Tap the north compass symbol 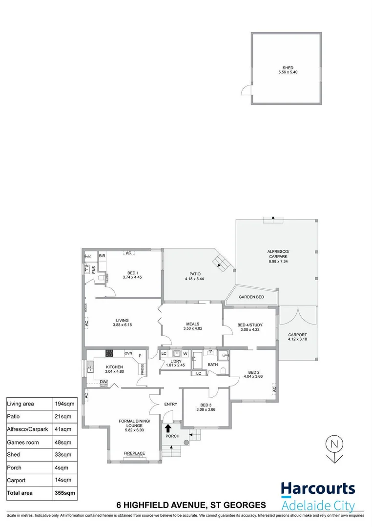pyautogui.click(x=334, y=448)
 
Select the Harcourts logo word pyautogui.click(x=318, y=489)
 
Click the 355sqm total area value pyautogui.click(x=65, y=493)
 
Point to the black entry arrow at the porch pyautogui.click(x=168, y=428)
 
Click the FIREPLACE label pyautogui.click(x=134, y=453)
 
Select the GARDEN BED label pyautogui.click(x=251, y=297)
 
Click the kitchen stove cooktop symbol pyautogui.click(x=109, y=354)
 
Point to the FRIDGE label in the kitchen pyautogui.click(x=143, y=369)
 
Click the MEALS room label pyautogui.click(x=192, y=324)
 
